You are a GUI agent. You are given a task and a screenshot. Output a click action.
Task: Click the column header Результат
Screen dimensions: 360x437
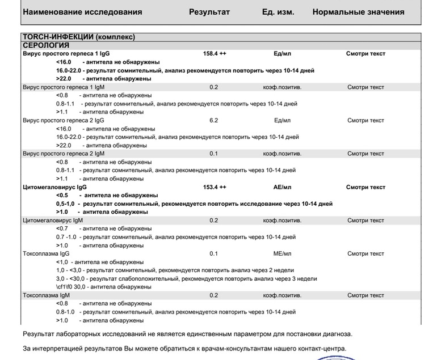click(209, 12)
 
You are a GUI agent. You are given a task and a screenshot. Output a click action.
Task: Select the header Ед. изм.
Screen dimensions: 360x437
click(278, 12)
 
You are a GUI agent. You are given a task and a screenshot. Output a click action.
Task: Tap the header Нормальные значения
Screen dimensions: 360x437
click(358, 12)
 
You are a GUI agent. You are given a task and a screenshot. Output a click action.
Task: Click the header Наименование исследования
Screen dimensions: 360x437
click(82, 12)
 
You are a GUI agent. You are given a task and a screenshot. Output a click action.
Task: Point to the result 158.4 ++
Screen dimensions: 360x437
click(215, 54)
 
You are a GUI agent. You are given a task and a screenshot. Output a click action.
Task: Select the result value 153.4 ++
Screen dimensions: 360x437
click(215, 187)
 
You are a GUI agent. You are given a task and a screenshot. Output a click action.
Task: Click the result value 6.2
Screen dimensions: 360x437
click(213, 120)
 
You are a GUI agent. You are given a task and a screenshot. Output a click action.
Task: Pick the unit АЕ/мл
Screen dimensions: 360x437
click(282, 187)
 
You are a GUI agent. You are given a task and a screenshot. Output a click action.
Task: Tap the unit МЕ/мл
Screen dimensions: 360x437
click(282, 254)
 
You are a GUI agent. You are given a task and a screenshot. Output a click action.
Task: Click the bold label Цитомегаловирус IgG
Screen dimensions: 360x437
click(54, 187)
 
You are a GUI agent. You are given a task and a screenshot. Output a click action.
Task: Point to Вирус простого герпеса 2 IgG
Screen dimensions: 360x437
click(64, 120)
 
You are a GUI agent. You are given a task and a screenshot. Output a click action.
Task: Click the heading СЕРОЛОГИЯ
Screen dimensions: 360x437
click(46, 45)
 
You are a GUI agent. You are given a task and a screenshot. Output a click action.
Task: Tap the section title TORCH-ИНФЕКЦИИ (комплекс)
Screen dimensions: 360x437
click(79, 37)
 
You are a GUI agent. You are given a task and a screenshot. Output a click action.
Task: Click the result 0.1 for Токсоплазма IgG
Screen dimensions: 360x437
click(213, 254)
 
